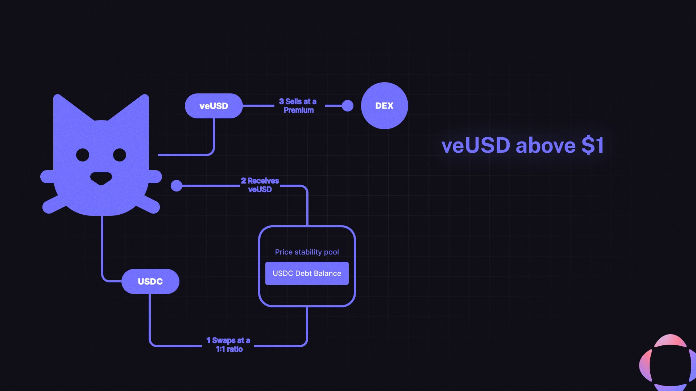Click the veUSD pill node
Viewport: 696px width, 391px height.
point(214,106)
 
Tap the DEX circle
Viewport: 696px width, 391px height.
point(384,106)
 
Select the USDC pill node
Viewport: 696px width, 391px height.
point(150,281)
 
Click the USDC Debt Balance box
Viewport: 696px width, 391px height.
point(307,273)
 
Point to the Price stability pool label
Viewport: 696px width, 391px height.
point(307,252)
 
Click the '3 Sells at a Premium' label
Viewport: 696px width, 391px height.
point(298,106)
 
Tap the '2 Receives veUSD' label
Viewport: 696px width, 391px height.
point(260,185)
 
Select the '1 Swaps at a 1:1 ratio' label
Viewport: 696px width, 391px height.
point(228,345)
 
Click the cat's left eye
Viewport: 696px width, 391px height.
point(83,155)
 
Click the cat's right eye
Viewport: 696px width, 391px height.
point(120,155)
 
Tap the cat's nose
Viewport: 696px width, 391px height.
point(101,178)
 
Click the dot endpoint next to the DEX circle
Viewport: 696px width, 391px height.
point(347,106)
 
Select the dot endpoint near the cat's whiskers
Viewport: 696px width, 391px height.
point(177,186)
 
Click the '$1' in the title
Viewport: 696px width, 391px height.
point(593,146)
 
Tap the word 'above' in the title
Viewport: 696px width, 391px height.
point(546,146)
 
